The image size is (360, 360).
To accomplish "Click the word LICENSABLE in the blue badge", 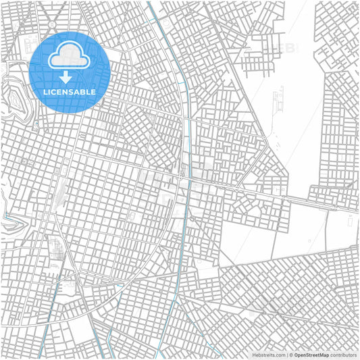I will click(x=70, y=91).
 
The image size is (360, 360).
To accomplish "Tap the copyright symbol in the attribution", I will click(x=289, y=354).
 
